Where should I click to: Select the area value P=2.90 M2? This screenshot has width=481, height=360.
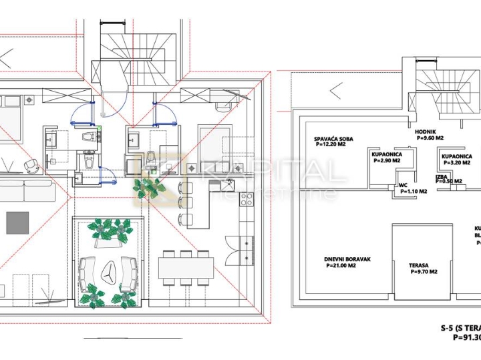pos(386,161)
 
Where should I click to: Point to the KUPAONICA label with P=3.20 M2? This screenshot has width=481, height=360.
pos(457,156)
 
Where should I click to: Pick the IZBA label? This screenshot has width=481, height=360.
pos(441,176)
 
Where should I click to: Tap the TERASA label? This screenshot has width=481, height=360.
pos(419,265)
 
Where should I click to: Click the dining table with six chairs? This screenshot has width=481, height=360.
pos(186,268)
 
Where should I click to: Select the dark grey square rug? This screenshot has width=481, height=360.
pos(18,221)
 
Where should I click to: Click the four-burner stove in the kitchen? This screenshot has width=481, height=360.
pos(247,198)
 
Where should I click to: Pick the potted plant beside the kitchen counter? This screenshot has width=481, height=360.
pos(150,189)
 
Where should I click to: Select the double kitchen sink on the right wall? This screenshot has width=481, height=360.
pos(248,250)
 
